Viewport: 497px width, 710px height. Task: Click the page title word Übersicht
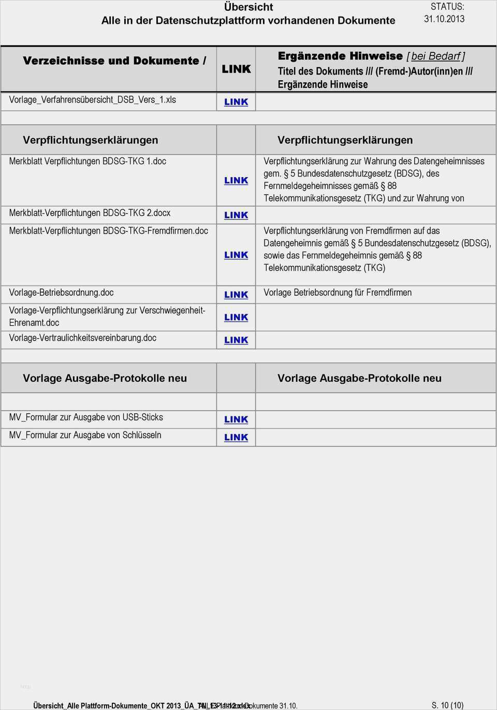point(248,7)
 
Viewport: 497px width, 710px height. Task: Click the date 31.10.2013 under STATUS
point(444,19)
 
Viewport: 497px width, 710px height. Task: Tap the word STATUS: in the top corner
point(447,7)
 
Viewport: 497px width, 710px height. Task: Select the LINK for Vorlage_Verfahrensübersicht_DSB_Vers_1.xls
point(236,102)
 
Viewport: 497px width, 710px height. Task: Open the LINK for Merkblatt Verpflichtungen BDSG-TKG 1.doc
point(236,180)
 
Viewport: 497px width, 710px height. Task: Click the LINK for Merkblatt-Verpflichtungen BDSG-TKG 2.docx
point(236,215)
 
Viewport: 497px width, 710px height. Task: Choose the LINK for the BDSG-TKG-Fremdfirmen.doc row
point(236,255)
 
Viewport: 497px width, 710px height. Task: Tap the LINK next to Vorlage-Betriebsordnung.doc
point(236,295)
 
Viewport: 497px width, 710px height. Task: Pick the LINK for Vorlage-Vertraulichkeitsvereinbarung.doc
point(236,340)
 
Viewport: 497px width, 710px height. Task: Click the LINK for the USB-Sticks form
point(236,419)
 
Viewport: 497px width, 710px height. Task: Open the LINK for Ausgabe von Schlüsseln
point(236,437)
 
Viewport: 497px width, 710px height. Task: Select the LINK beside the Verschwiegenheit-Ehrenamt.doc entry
point(236,317)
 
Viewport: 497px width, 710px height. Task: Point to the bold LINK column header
point(236,69)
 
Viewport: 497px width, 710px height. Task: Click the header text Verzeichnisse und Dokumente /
point(114,61)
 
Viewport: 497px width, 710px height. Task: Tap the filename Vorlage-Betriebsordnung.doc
point(61,293)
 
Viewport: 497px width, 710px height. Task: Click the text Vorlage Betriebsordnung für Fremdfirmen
point(338,293)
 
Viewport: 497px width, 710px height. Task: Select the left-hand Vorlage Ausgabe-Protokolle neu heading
point(105,378)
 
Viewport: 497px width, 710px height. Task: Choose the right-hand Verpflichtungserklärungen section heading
point(345,140)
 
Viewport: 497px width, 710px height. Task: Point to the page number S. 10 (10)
point(447,705)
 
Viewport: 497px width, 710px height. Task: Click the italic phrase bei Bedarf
point(435,56)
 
